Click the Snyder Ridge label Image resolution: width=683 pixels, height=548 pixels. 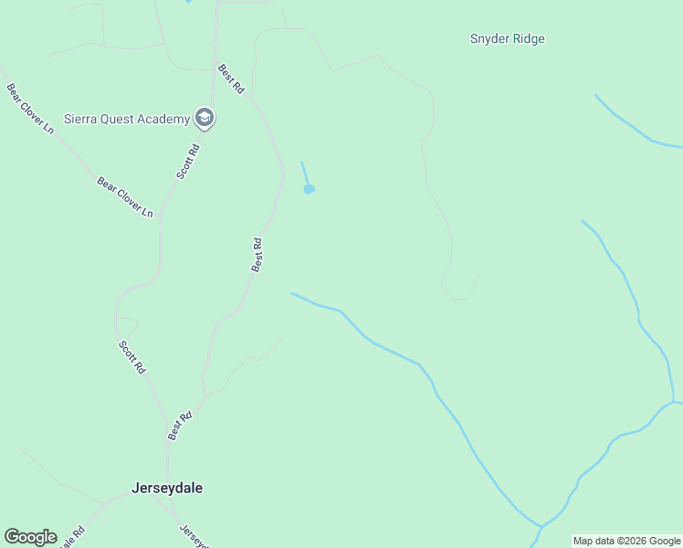pos(507,39)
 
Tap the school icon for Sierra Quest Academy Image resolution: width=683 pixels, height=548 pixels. pos(205,118)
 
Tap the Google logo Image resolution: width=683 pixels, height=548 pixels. pos(30,536)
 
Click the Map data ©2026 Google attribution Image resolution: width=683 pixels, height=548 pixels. pos(626,541)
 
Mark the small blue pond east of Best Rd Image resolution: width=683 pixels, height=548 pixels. pos(310,189)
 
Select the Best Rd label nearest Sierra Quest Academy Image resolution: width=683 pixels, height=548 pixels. pos(231,79)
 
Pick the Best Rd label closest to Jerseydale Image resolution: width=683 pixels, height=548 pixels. pos(181,427)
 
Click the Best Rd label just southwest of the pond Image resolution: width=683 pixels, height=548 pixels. pos(258,254)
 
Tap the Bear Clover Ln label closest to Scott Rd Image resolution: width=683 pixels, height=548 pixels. pos(125,196)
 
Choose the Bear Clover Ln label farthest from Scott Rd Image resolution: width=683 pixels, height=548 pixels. pos(30,108)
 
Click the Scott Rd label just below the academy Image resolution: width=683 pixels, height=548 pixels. pos(188,161)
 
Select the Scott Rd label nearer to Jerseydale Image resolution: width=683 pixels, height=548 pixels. pos(131,357)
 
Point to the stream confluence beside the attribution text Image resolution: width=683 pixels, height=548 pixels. pos(540,526)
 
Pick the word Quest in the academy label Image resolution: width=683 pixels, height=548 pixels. pos(119,119)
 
